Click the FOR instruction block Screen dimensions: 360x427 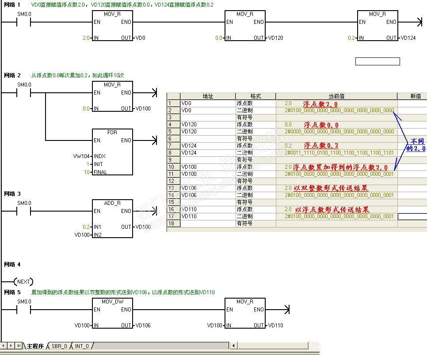(112, 152)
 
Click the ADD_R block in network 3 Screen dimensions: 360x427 (112, 219)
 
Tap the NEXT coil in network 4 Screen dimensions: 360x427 (23, 281)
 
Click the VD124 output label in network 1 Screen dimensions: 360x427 (408, 38)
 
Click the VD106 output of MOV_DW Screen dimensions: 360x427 (143, 326)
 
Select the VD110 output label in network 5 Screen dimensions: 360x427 (275, 326)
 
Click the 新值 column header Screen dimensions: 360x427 (416, 96)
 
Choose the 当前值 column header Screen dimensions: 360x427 (336, 96)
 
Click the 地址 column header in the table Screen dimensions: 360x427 (207, 96)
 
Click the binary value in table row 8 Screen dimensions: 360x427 (339, 153)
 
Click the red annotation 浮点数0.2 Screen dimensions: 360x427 (321, 145)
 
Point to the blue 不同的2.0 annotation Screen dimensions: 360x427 (416, 145)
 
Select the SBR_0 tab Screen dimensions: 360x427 (59, 346)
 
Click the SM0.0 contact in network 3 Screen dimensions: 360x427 (24, 211)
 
